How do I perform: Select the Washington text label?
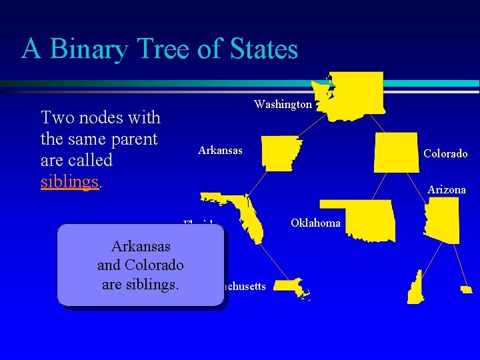tap(283, 105)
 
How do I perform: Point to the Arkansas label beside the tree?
tap(220, 150)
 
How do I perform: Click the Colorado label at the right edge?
tap(445, 154)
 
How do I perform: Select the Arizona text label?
tap(446, 190)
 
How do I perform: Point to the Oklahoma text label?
tap(315, 223)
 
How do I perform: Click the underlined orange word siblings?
tap(70, 182)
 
